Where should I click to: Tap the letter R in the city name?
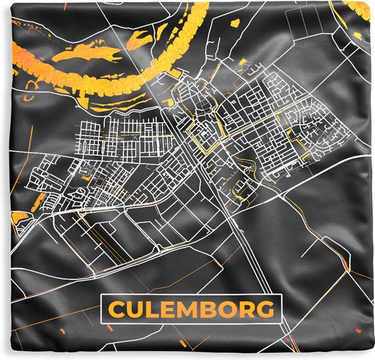tap(248, 310)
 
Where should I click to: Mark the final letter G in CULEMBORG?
tap(268, 310)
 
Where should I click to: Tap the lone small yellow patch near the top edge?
tap(235, 23)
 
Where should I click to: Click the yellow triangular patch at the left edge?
tap(18, 218)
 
